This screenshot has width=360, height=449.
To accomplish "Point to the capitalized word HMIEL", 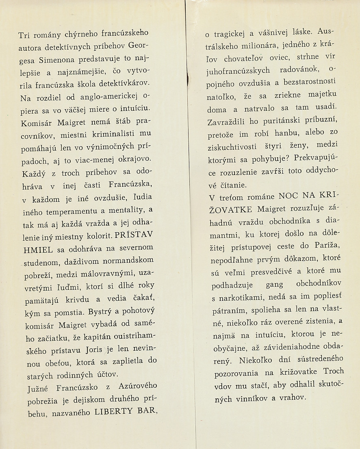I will click(35, 247).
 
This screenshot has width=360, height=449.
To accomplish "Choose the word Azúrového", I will click(135, 386).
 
